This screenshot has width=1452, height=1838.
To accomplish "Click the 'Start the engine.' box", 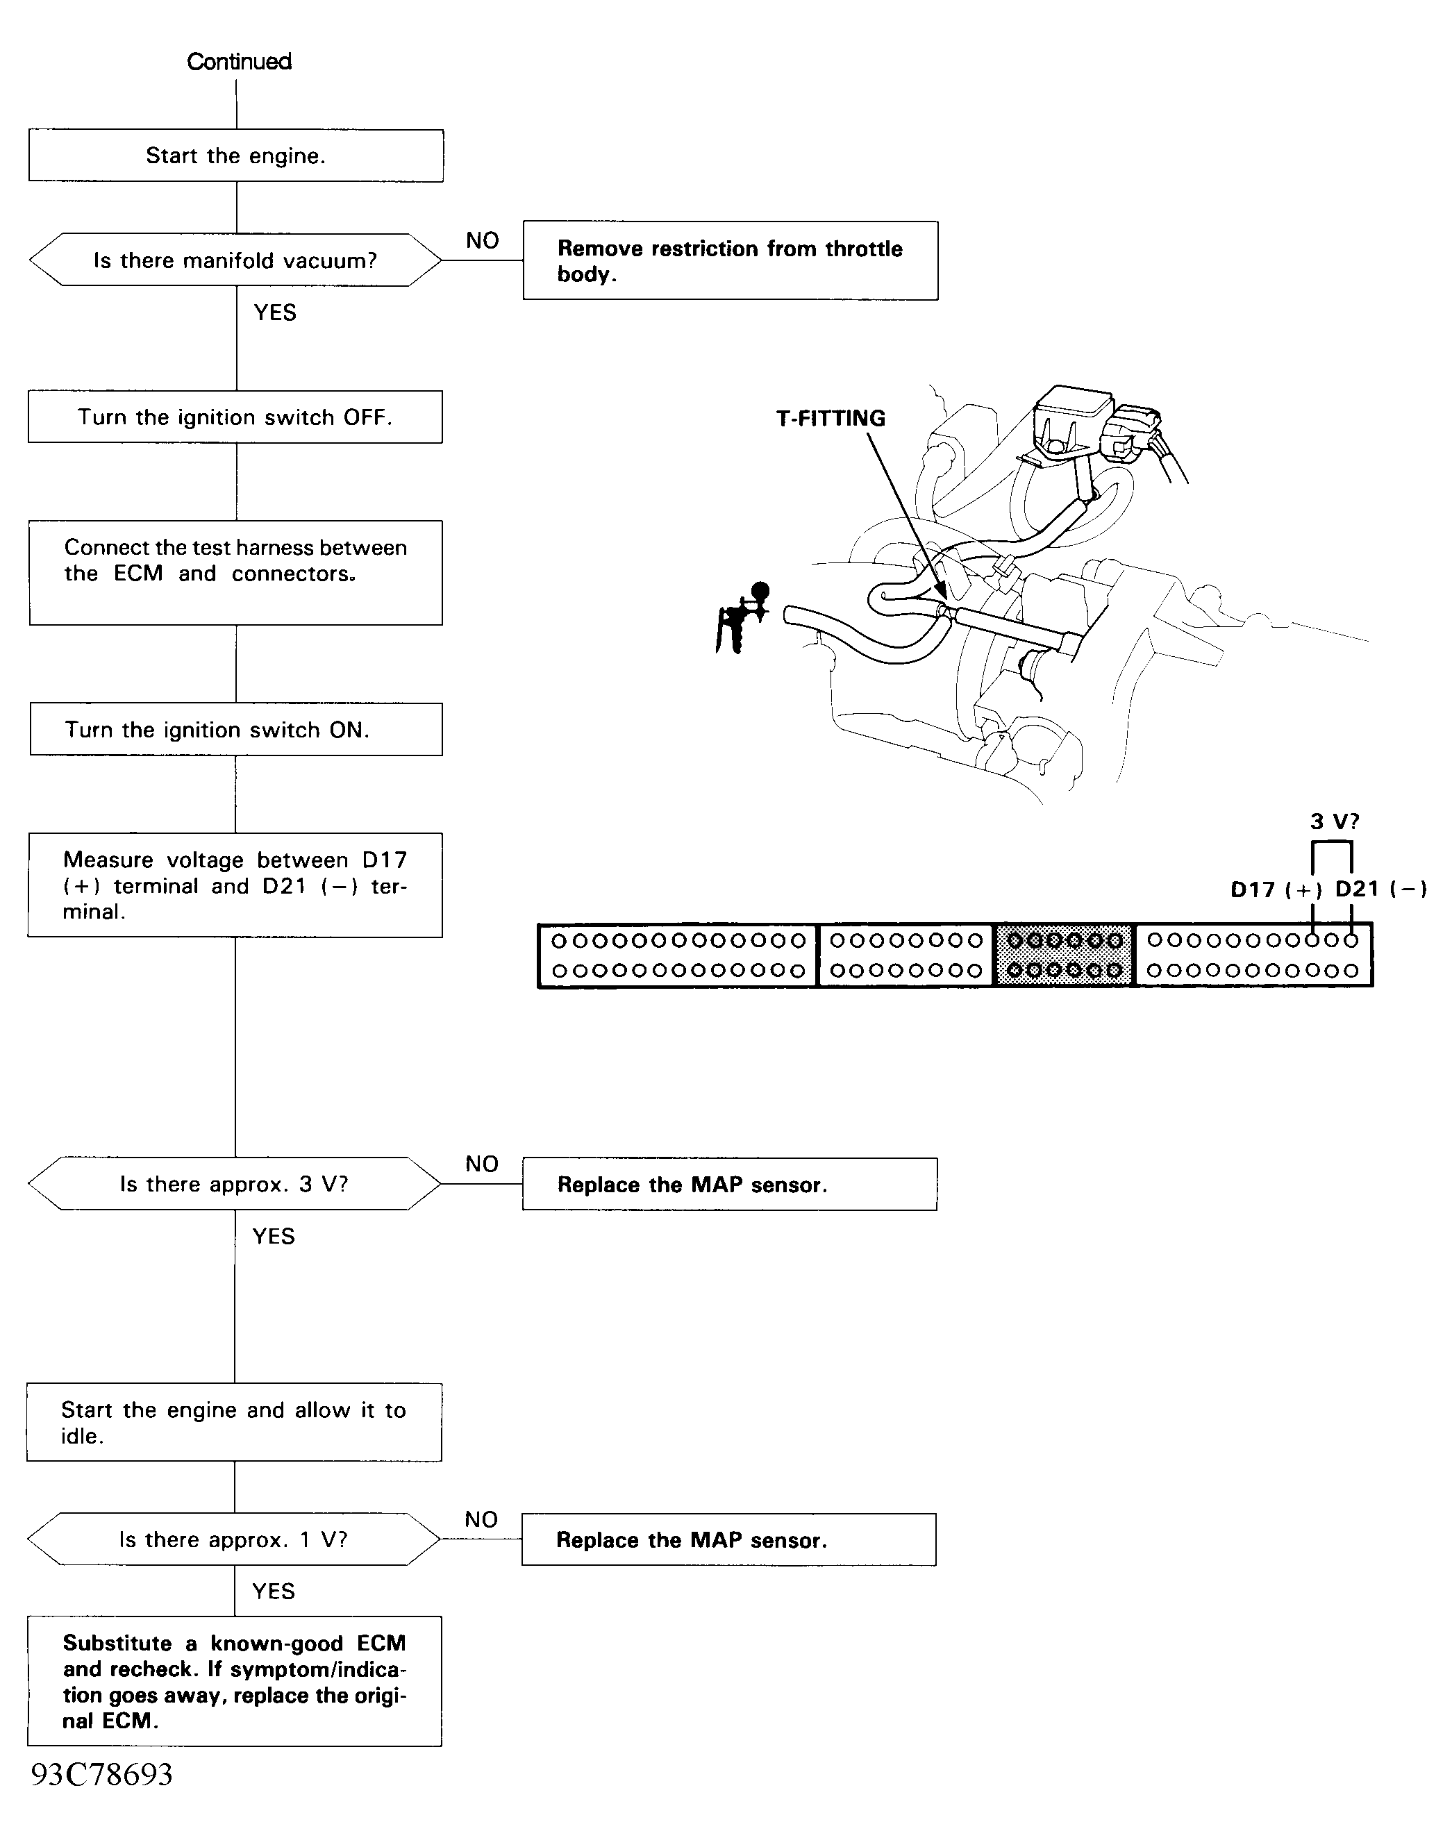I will tap(235, 156).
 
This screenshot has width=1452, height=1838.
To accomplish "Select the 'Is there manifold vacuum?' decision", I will tap(235, 260).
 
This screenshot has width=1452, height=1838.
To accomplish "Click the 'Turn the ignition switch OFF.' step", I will tap(235, 417).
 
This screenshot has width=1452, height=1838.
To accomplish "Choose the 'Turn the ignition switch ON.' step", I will tap(235, 729).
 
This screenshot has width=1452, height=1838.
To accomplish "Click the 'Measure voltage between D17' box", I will tap(235, 885).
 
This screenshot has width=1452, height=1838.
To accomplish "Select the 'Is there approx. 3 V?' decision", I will tap(235, 1183).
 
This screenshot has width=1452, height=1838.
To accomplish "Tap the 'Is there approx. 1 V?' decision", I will tap(234, 1539).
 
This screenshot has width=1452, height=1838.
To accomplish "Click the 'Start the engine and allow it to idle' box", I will tap(234, 1422).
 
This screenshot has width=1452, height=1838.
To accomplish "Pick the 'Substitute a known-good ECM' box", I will tap(234, 1682).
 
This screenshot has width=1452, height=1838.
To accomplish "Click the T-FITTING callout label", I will tap(831, 418).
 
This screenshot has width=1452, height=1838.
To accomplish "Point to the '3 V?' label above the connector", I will tap(1335, 821).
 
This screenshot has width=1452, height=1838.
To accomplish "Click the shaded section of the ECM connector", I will tap(1065, 955).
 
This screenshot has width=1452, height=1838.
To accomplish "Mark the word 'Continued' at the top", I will tap(239, 61).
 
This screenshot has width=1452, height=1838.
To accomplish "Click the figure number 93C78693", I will tap(102, 1774).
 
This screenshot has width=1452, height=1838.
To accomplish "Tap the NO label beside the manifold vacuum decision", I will tap(482, 240).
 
